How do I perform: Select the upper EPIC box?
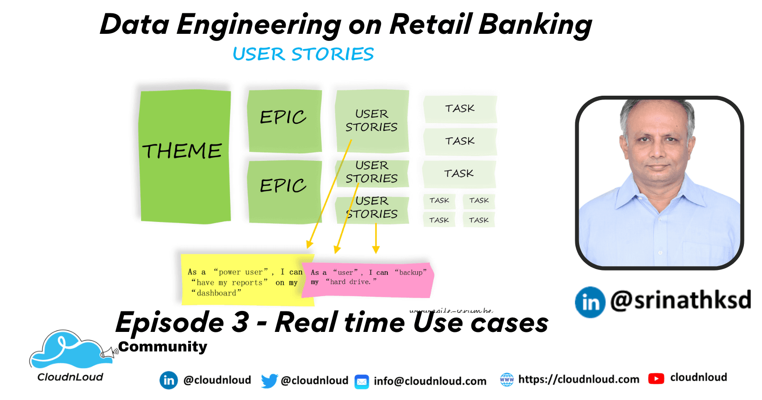click(x=284, y=120)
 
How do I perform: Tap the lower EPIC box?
click(x=284, y=190)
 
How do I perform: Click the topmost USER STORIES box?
click(x=372, y=120)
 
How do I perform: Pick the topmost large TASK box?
click(x=460, y=109)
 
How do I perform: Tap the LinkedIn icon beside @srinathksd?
click(x=590, y=302)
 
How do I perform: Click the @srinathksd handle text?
click(x=681, y=300)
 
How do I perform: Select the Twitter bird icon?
click(x=269, y=380)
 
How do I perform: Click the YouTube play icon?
click(x=656, y=379)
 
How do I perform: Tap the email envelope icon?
click(x=362, y=381)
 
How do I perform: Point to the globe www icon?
click(x=507, y=380)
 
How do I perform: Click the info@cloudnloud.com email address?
click(x=430, y=381)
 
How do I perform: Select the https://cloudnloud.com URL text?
click(x=579, y=380)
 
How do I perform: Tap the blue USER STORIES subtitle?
click(x=303, y=54)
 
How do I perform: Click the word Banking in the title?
click(x=535, y=25)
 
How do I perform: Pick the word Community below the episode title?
click(x=163, y=347)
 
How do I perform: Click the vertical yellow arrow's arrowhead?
click(x=376, y=249)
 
